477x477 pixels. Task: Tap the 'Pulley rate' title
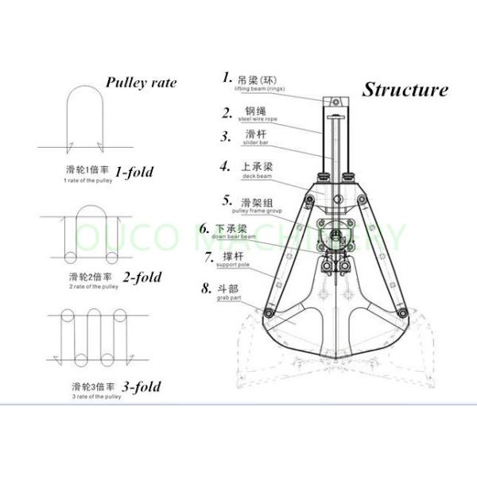point(141,82)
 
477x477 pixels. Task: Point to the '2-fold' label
point(141,277)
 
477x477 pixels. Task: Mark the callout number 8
point(207,288)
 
